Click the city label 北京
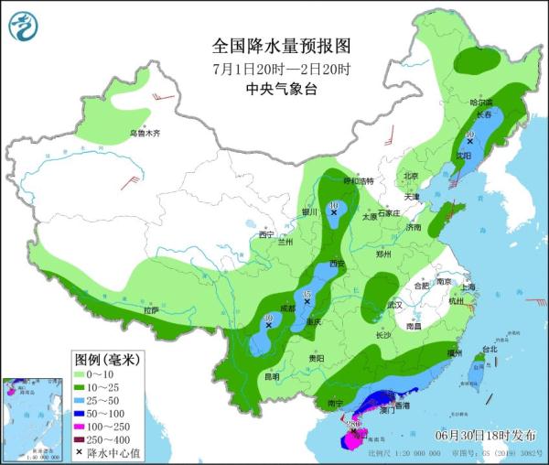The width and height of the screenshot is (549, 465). click(x=411, y=176)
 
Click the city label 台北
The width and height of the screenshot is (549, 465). click(x=489, y=349)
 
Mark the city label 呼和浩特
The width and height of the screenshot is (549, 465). click(x=346, y=181)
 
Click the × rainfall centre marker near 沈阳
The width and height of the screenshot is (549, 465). click(x=469, y=143)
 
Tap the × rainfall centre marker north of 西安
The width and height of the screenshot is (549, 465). click(x=334, y=212)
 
